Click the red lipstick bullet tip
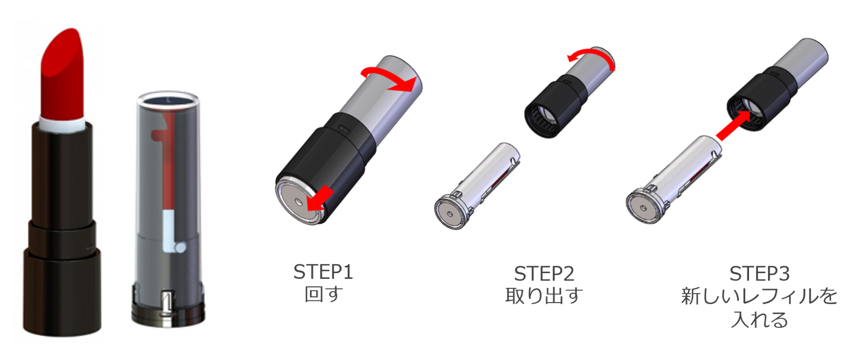[x=63, y=73]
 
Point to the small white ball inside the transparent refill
[x=180, y=247]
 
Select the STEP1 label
[x=323, y=272]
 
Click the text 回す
[x=324, y=294]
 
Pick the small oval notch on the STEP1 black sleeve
[x=344, y=128]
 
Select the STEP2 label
[x=544, y=274]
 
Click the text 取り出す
[x=544, y=296]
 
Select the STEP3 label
[x=760, y=274]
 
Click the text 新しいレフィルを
[x=760, y=296]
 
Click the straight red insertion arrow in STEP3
[x=733, y=125]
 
